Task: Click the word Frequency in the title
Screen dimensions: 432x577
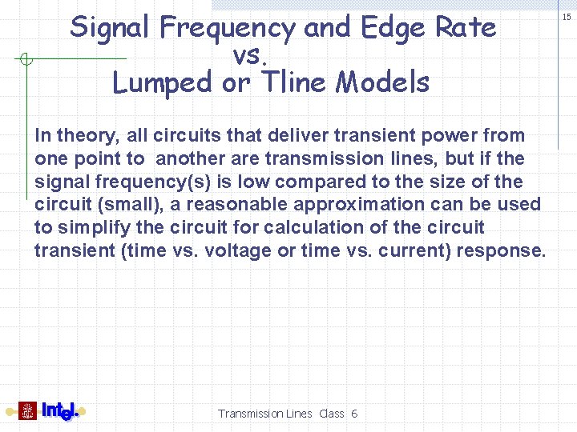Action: click(228, 29)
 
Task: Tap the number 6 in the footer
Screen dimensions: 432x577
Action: click(354, 414)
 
